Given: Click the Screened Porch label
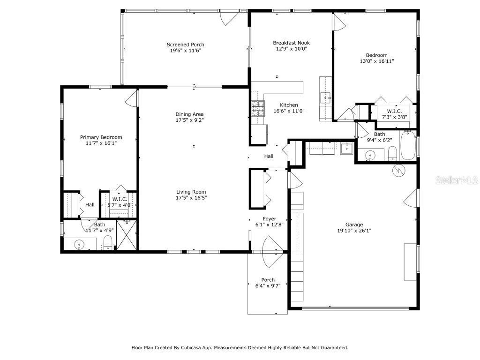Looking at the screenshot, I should (x=185, y=45).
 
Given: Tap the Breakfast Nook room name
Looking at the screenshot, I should (x=291, y=43).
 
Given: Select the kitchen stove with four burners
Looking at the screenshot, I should (x=257, y=109).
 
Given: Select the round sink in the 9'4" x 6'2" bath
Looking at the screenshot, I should (x=370, y=155).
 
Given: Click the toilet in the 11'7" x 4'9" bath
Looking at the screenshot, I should (x=108, y=242).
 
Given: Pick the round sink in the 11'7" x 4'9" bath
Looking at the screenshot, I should (x=79, y=244).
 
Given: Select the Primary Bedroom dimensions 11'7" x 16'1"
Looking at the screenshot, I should (x=101, y=143).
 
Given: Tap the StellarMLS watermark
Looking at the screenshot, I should (x=457, y=180).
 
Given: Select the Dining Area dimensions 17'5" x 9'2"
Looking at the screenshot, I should (x=189, y=120).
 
